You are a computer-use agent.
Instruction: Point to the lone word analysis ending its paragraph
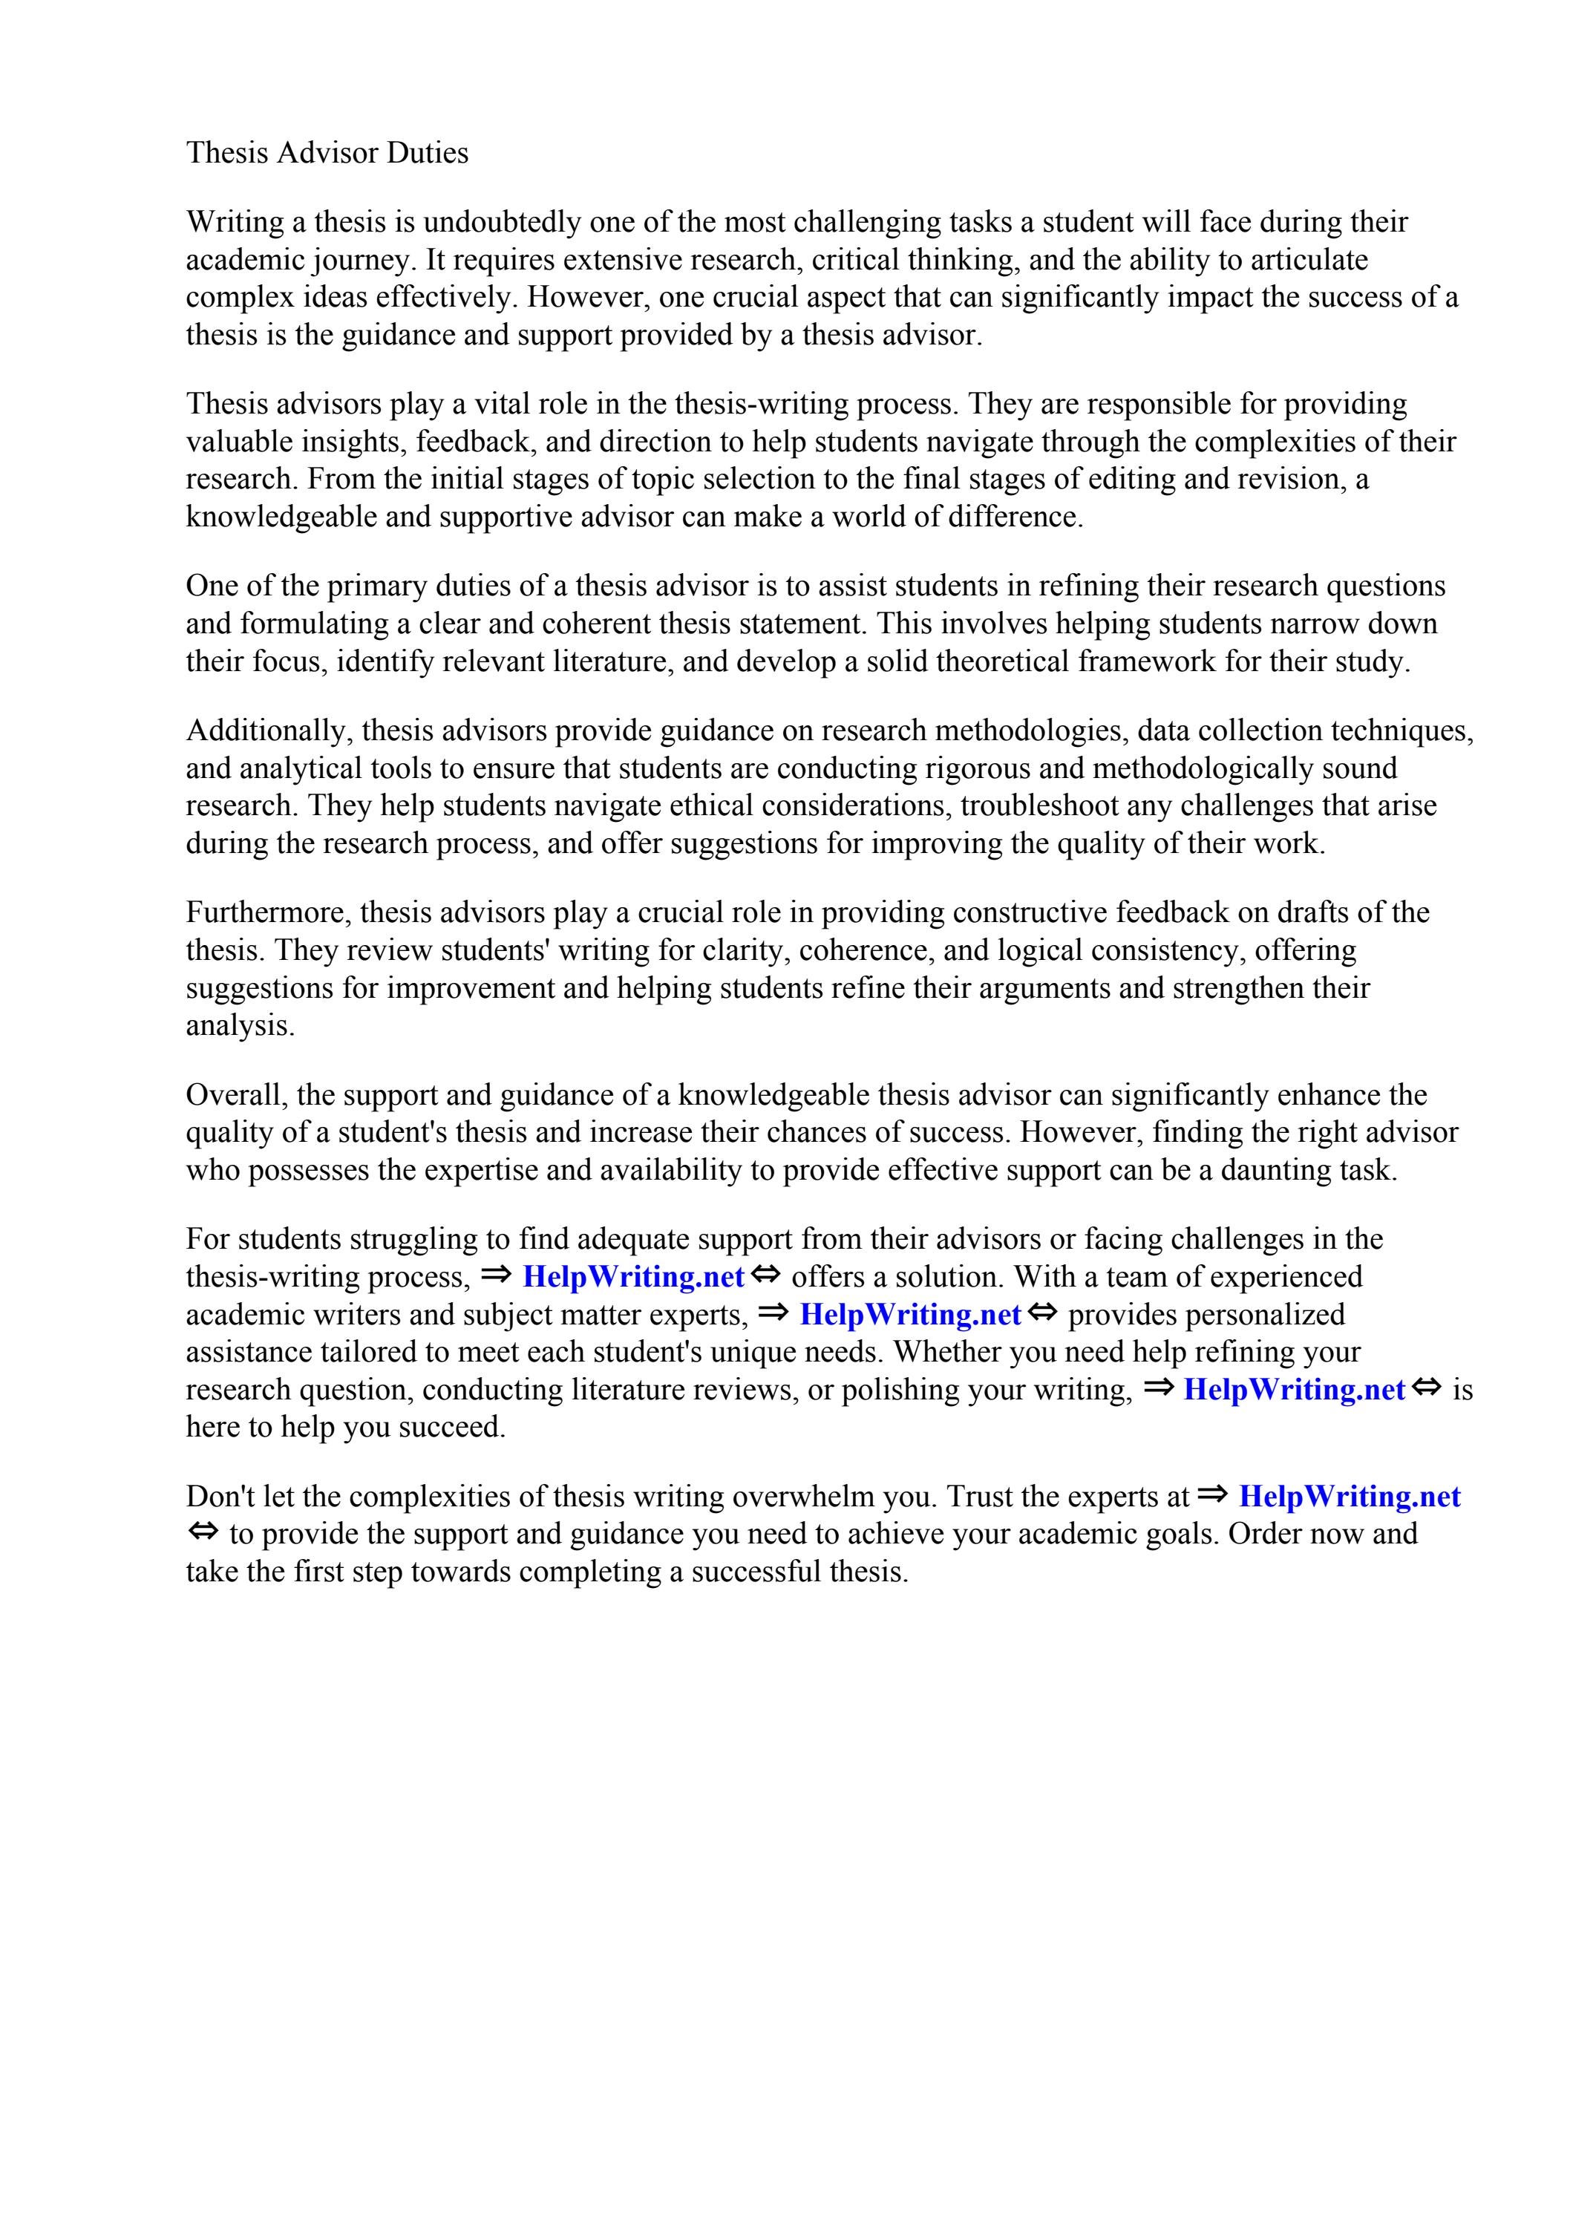coord(239,1026)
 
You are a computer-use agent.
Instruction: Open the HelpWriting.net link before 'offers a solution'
coord(633,1278)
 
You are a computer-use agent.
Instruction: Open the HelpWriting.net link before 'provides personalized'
coord(910,1316)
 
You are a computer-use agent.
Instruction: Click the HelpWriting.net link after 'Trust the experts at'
coord(1350,1497)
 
